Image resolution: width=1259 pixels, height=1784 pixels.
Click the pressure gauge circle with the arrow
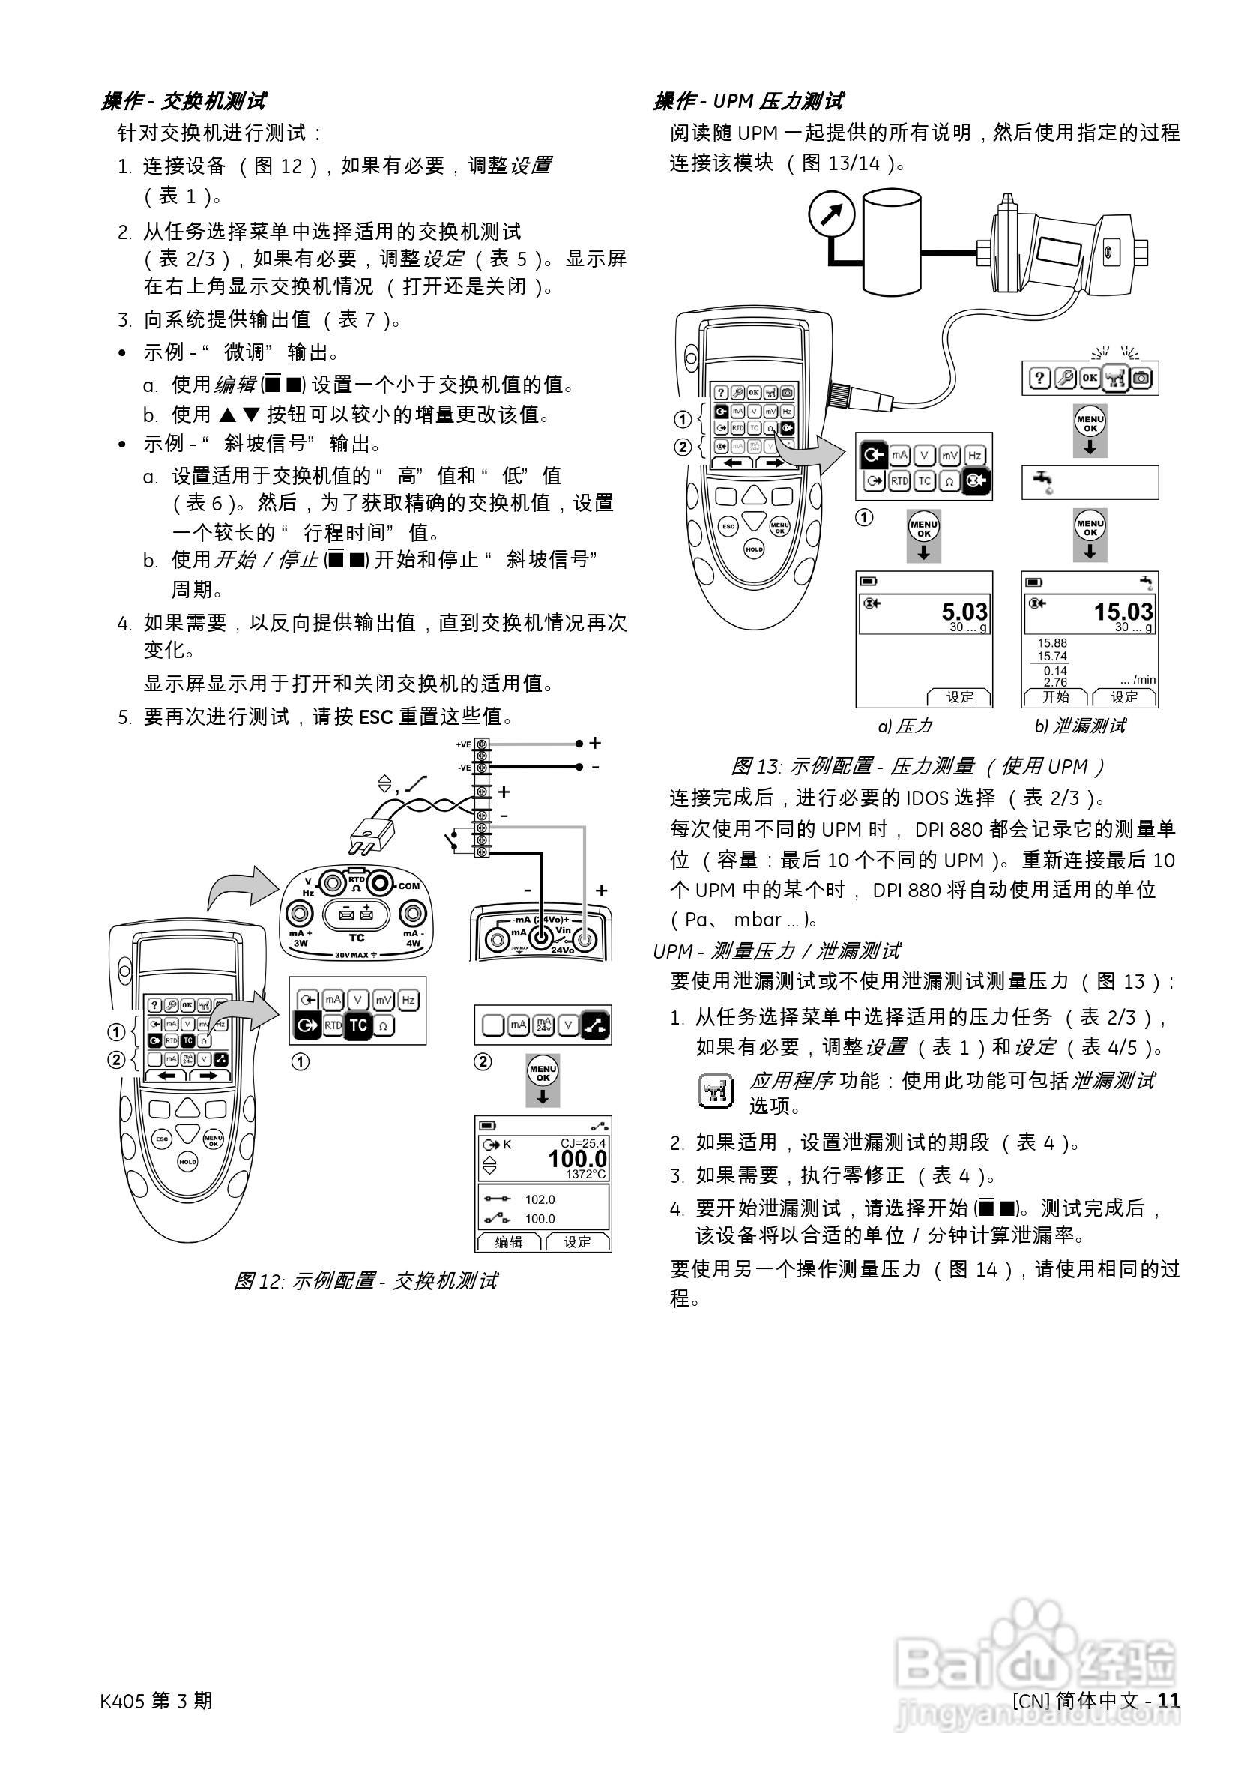click(x=831, y=214)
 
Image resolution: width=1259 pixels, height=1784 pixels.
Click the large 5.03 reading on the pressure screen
click(x=964, y=612)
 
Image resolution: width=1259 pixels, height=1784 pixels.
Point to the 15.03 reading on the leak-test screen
click(x=1123, y=612)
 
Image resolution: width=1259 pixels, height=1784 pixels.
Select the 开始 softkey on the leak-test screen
click(x=1054, y=697)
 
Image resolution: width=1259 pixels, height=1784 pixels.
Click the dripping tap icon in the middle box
click(x=1042, y=482)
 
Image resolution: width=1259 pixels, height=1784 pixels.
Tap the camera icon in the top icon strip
click(x=1142, y=379)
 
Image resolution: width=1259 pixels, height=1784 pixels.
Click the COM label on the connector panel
click(x=408, y=886)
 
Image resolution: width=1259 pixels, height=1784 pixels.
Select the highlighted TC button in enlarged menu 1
click(x=357, y=1025)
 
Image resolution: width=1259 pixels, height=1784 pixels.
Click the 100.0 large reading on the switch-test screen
click(x=577, y=1159)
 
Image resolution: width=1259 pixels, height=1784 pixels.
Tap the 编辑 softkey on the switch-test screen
click(x=509, y=1241)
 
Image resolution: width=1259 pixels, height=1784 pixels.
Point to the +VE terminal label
click(x=464, y=744)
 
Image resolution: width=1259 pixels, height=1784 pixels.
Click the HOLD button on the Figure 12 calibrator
click(x=188, y=1163)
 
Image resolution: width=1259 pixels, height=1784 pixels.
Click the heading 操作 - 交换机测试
click(x=184, y=101)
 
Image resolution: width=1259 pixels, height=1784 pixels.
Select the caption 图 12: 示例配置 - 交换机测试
click(x=365, y=1280)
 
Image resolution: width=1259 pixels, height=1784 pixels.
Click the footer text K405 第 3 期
click(x=156, y=1700)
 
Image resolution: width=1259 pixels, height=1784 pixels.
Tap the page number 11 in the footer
click(x=1168, y=1700)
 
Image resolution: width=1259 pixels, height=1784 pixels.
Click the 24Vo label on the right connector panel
click(x=561, y=950)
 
